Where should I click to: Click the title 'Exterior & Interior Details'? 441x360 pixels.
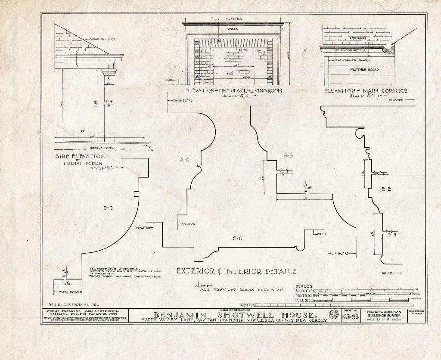coord(236,271)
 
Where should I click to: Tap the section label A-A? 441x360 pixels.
coord(184,160)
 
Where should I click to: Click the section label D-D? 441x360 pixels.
coord(108,208)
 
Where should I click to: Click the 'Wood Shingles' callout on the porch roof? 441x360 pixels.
coord(102,39)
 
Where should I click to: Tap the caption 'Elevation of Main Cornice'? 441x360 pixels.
coord(366,90)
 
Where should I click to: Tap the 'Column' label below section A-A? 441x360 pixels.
coord(188,224)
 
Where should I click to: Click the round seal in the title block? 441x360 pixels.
coord(333,315)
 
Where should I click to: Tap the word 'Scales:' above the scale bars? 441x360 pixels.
coord(304,286)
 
